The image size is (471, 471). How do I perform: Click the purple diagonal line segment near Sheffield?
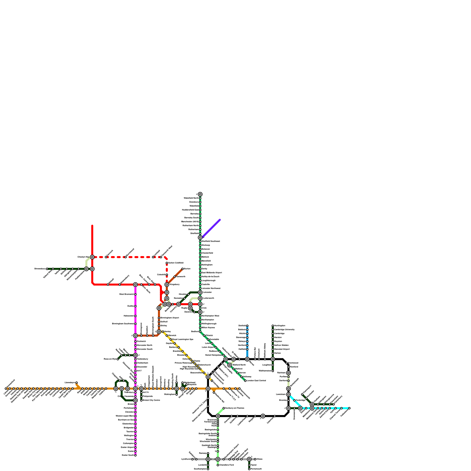click(211, 228)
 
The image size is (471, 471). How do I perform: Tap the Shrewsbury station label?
click(40, 269)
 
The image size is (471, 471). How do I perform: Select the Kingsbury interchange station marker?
click(167, 285)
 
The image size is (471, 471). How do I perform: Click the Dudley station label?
click(131, 306)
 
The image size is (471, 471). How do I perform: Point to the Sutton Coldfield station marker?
click(167, 263)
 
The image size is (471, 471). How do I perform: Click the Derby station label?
click(205, 269)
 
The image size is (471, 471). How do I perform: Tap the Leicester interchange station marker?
click(200, 292)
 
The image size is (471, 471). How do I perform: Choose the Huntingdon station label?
click(280, 326)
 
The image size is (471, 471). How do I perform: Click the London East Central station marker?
click(245, 381)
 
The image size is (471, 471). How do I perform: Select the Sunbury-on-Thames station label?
click(235, 408)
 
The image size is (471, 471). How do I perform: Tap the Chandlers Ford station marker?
click(218, 465)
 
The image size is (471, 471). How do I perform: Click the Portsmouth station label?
click(256, 469)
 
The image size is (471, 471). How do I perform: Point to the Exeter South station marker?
click(135, 455)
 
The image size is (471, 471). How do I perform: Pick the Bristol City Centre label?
click(151, 400)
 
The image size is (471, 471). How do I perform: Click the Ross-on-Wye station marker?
click(118, 359)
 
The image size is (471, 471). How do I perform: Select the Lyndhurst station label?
click(186, 459)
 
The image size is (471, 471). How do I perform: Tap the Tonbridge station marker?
click(294, 400)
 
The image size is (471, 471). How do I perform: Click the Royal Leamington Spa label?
click(183, 339)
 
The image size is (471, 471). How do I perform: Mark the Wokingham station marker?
click(177, 394)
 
